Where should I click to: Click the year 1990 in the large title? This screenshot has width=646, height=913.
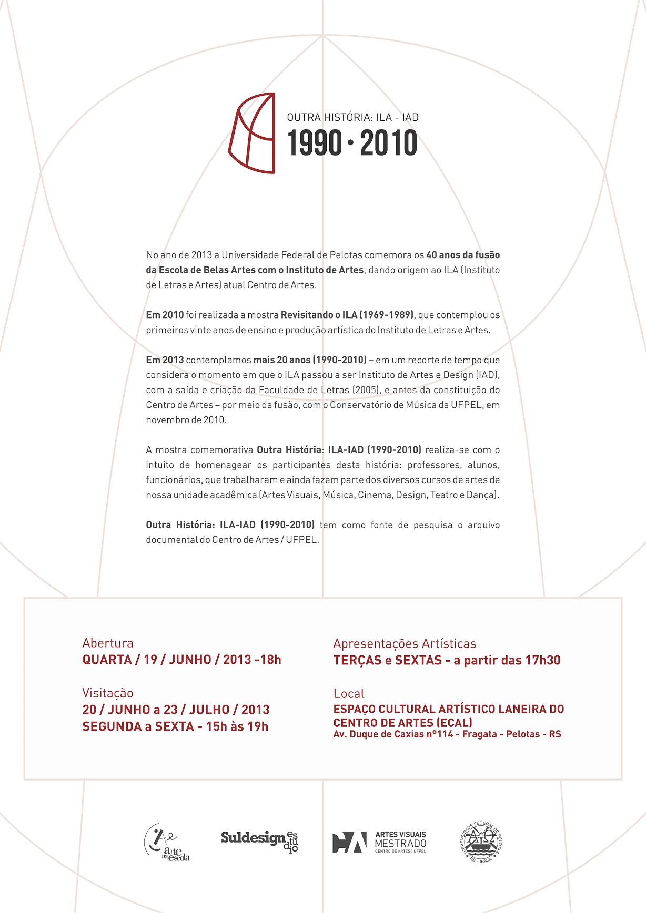(x=315, y=143)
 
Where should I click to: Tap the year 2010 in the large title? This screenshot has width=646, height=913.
(x=389, y=143)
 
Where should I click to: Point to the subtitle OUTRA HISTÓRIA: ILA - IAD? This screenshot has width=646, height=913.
(x=352, y=117)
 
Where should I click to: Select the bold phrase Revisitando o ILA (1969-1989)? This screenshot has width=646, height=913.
(x=347, y=315)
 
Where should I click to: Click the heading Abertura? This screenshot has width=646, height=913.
(x=108, y=643)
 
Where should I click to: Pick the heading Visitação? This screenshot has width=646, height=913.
(x=108, y=693)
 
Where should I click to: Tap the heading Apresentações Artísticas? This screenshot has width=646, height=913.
(x=405, y=643)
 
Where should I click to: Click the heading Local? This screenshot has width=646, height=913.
(x=349, y=693)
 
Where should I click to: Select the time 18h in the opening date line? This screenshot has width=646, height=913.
(x=270, y=660)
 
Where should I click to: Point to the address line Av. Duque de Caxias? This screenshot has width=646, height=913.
(x=447, y=734)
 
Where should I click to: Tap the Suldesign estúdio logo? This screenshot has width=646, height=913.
(x=259, y=839)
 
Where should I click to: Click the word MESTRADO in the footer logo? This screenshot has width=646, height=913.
(x=400, y=843)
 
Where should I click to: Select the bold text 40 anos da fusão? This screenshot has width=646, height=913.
(x=463, y=255)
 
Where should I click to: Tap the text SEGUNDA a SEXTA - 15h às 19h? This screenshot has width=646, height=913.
(x=175, y=726)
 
